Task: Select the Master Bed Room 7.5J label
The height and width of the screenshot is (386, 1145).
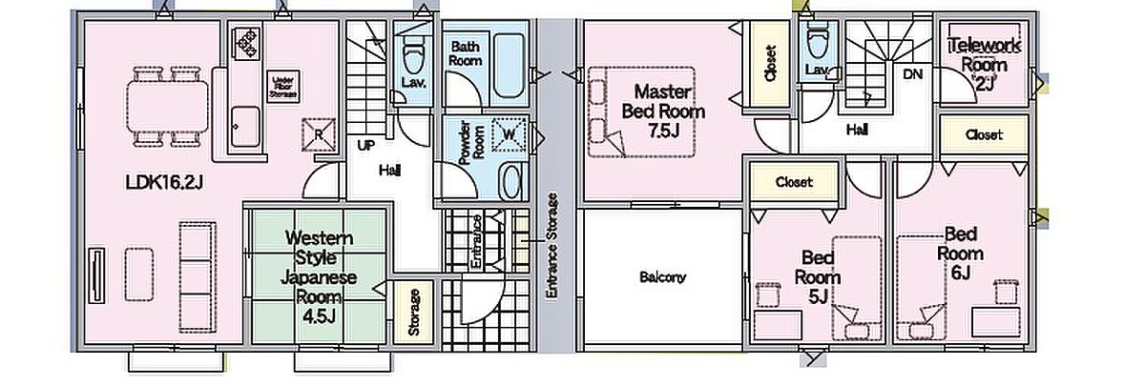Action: (x=669, y=110)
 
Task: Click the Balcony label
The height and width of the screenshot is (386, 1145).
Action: (x=662, y=278)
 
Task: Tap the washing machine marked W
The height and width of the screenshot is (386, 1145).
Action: (x=508, y=137)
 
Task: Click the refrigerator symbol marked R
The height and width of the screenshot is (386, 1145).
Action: (x=320, y=133)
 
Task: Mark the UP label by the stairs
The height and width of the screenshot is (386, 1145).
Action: (x=364, y=147)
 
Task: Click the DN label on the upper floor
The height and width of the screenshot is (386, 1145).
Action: (x=913, y=75)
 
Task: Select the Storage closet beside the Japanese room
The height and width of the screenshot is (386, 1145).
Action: (x=414, y=312)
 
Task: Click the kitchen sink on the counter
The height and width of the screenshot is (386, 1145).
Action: (x=246, y=124)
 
